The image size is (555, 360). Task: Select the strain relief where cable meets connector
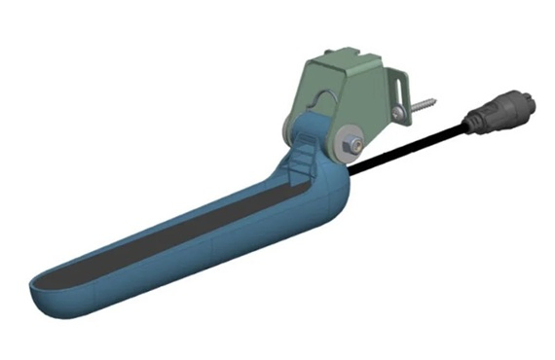[x=472, y=123]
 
